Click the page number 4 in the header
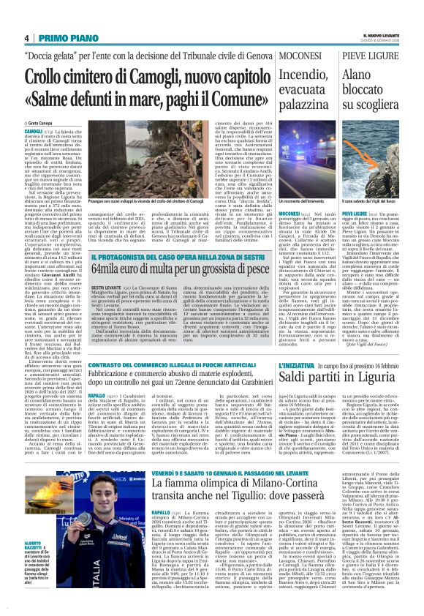(x=26, y=38)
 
